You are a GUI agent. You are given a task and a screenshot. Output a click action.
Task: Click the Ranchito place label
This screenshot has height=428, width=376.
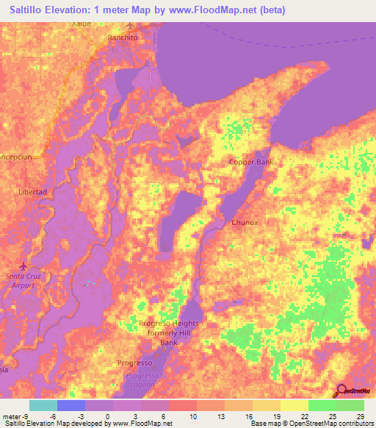tap(123, 36)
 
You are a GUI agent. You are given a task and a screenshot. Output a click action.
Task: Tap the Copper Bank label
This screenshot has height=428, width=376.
tap(250, 162)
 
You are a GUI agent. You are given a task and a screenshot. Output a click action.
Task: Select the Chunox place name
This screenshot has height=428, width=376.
tap(245, 222)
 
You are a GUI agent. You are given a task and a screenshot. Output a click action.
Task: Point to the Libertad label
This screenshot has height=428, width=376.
tap(32, 191)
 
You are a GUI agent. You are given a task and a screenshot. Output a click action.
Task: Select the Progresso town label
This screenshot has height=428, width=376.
tap(134, 363)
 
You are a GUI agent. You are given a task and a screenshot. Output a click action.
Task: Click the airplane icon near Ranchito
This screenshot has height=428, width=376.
tap(131, 26)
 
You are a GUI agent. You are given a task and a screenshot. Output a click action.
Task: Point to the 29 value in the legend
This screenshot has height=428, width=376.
tap(359, 416)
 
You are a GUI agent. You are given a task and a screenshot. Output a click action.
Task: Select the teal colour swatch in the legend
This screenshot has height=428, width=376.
tap(43, 405)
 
